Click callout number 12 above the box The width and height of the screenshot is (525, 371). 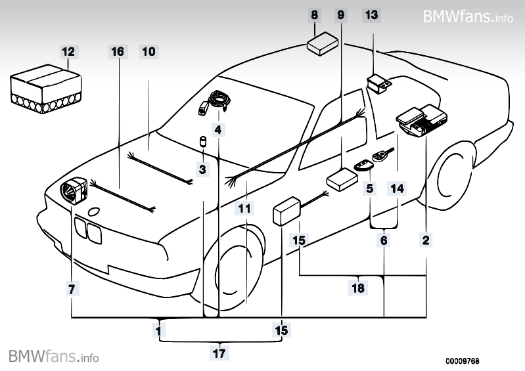coord(68,51)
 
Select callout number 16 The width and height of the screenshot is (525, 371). coord(118,51)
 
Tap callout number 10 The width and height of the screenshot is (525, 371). coord(148,51)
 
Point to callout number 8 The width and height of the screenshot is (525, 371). coord(314,14)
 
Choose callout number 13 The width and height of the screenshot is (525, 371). coord(372,14)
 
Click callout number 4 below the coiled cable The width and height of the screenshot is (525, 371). coord(218,129)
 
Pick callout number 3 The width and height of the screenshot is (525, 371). coord(202,169)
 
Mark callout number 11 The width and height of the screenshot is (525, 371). coord(244,208)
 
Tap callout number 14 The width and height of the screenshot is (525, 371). coord(397,188)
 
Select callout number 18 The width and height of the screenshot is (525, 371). coord(357,288)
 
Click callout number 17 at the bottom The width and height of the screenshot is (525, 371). coord(219,353)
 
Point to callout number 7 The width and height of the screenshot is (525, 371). coord(72,289)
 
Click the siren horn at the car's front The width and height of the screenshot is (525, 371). coord(74,190)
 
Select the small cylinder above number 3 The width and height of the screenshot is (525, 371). coord(203,142)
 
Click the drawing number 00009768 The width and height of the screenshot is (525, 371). coord(462,361)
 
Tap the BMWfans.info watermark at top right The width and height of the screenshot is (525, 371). coord(468,16)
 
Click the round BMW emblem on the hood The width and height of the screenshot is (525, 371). coord(93,211)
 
